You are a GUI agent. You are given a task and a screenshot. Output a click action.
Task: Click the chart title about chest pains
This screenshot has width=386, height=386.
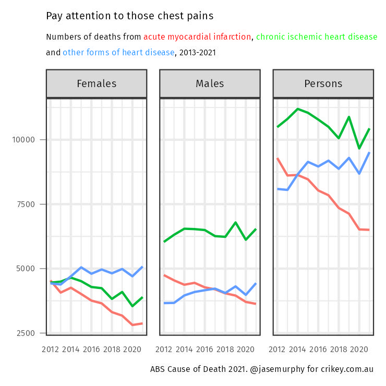pyautogui.click(x=129, y=16)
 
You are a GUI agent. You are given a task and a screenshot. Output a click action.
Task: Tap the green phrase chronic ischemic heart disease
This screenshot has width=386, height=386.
pyautogui.click(x=317, y=37)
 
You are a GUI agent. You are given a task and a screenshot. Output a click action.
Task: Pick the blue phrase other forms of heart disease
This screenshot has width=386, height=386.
pyautogui.click(x=118, y=52)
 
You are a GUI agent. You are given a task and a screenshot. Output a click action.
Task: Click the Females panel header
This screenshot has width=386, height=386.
pyautogui.click(x=96, y=83)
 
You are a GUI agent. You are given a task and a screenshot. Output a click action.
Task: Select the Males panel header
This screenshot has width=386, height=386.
pyautogui.click(x=210, y=83)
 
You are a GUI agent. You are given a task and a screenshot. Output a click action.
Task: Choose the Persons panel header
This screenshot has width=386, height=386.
pyautogui.click(x=323, y=83)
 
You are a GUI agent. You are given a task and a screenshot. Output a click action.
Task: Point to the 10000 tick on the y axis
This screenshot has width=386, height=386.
pyautogui.click(x=23, y=140)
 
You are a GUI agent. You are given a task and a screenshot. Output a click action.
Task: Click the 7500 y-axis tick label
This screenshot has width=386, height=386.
pyautogui.click(x=26, y=204)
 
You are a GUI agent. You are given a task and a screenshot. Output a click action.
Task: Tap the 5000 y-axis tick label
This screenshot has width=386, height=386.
pyautogui.click(x=26, y=269)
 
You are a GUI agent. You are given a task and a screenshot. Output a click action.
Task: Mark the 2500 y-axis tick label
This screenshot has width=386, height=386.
pyautogui.click(x=26, y=333)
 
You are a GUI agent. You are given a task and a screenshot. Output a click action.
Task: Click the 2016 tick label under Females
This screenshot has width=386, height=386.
pyautogui.click(x=91, y=349)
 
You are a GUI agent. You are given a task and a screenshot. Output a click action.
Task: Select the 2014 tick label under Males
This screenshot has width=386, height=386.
pyautogui.click(x=184, y=349)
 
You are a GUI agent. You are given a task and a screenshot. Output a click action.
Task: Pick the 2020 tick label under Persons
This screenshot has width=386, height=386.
pyautogui.click(x=359, y=349)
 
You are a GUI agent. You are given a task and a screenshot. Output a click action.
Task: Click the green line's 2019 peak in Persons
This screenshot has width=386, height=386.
pyautogui.click(x=349, y=117)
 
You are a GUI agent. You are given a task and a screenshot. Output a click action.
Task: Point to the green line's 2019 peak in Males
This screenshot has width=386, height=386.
pyautogui.click(x=236, y=223)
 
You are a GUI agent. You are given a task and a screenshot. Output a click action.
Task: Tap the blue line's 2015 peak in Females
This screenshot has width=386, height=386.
pyautogui.click(x=81, y=268)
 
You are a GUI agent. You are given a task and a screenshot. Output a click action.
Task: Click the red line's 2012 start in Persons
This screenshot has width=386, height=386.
pyautogui.click(x=278, y=158)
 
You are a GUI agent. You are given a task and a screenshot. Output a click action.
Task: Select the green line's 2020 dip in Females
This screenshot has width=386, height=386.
pyautogui.click(x=132, y=306)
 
